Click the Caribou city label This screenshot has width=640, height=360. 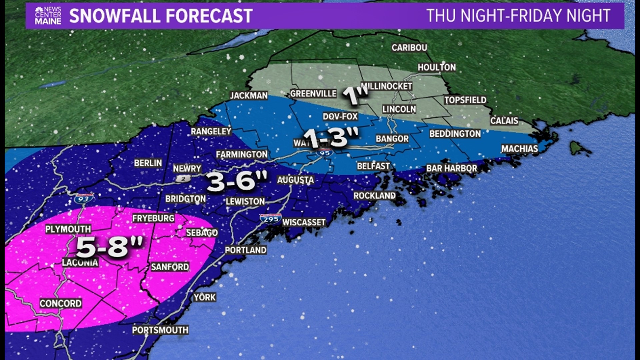tap(409, 48)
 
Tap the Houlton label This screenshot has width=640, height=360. tap(437, 67)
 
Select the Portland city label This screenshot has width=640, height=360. tap(246, 250)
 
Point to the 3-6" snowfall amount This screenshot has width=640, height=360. tap(237, 182)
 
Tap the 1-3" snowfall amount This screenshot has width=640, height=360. tap(331, 137)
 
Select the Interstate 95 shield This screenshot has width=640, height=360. tap(325, 153)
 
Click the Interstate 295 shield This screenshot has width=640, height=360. tap(271, 219)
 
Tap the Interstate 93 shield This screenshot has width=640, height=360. tap(83, 199)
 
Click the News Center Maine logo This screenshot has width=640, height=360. tap(48, 15)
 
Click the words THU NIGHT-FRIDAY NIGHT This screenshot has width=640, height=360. tap(518, 16)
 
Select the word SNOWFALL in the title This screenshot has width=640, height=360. tap(115, 16)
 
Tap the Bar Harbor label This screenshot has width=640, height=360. tap(452, 168)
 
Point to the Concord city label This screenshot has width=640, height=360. tap(60, 303)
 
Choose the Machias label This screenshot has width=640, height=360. tap(519, 149)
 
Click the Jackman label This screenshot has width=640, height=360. tap(249, 96)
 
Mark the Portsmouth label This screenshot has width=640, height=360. tap(160, 330)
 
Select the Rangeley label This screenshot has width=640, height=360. tap(211, 131)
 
